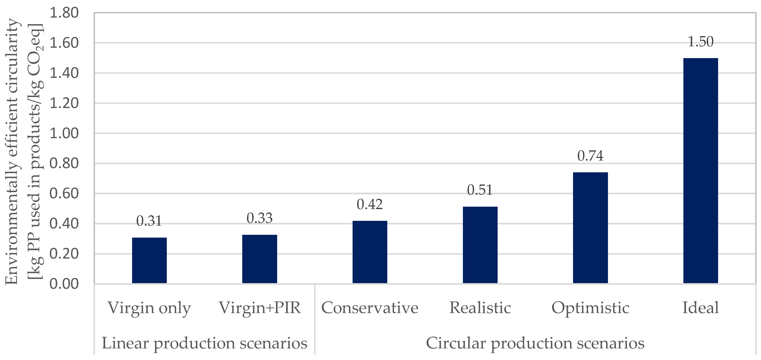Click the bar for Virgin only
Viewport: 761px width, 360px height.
[149, 260]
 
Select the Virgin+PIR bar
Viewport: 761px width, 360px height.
[259, 259]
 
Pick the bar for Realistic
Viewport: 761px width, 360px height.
[480, 245]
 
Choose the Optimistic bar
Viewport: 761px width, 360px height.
[590, 228]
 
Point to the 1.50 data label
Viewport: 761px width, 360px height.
[700, 42]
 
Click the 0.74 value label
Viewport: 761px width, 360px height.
[590, 156]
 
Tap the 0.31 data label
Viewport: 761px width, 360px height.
[149, 221]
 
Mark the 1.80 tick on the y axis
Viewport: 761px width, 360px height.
[64, 13]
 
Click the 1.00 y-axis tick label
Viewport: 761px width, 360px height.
[64, 134]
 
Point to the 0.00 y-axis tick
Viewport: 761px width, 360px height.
[64, 284]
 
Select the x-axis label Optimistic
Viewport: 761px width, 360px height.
[590, 308]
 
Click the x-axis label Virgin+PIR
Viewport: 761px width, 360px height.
[259, 308]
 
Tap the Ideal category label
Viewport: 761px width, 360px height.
[700, 308]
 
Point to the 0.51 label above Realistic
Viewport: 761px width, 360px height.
[480, 190]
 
